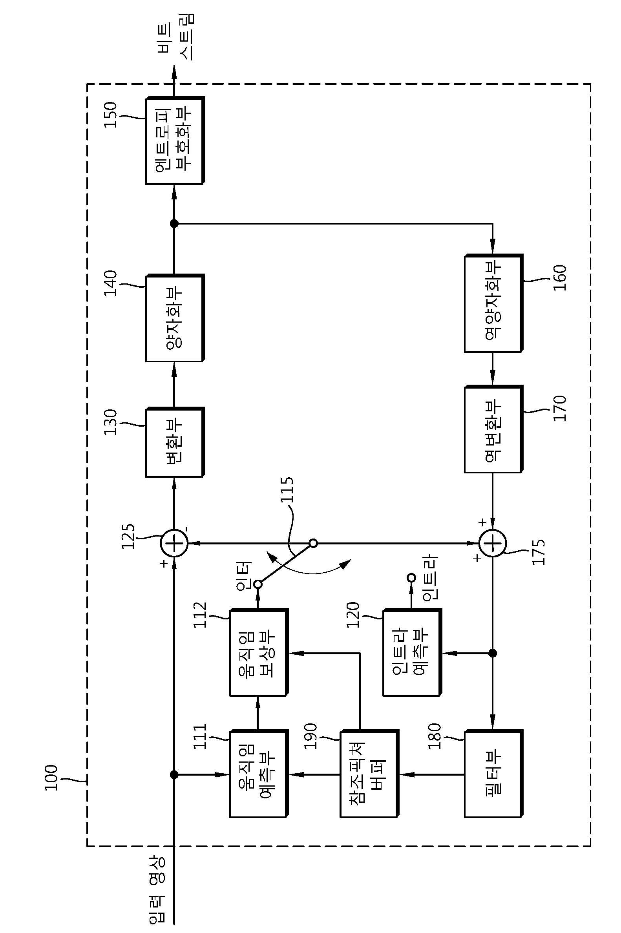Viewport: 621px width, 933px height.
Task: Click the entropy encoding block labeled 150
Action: [x=175, y=141]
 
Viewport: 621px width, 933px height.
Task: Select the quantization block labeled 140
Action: [x=175, y=318]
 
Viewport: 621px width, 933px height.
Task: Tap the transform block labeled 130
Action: [x=175, y=442]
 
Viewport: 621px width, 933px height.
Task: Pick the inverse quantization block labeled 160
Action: [x=493, y=303]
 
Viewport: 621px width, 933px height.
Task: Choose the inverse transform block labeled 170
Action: [x=493, y=429]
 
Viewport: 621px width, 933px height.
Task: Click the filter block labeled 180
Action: [x=493, y=773]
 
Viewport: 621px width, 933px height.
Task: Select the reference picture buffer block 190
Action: [x=369, y=773]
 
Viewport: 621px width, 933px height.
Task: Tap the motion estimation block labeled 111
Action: [x=259, y=773]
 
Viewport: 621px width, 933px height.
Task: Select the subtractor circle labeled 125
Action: [x=174, y=543]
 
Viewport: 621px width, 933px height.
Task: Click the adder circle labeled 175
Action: [x=493, y=543]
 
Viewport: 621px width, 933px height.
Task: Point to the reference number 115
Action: [x=287, y=490]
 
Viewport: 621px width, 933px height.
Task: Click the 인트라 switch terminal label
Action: [x=430, y=578]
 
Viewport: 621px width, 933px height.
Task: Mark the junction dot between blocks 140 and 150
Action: [x=174, y=224]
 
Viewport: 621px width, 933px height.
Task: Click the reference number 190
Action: [x=310, y=736]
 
